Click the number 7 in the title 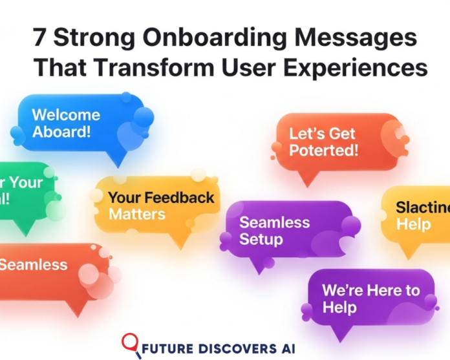coord(40,38)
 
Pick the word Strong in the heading coord(91,38)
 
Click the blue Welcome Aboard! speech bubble coord(78,124)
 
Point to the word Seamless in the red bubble coord(34,264)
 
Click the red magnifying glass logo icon coord(132,343)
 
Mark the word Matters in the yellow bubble coord(136,214)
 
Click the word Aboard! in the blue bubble coord(61,132)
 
